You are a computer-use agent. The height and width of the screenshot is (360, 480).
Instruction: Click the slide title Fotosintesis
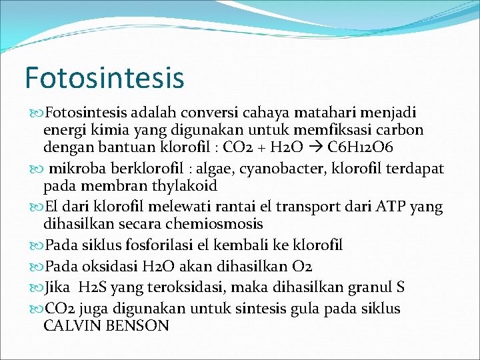(104, 77)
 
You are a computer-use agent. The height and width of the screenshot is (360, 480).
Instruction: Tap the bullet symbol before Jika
(37, 288)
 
